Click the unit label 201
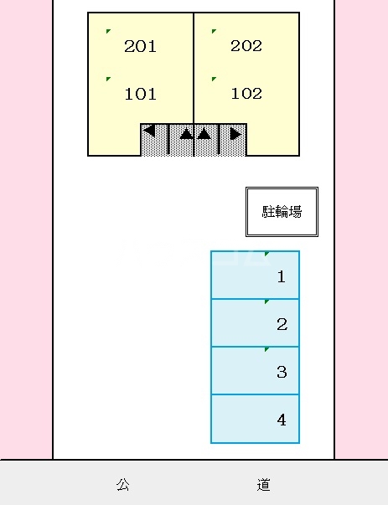pyautogui.click(x=140, y=46)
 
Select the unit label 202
pyautogui.click(x=246, y=45)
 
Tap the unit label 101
pyautogui.click(x=140, y=94)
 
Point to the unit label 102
pyautogui.click(x=246, y=93)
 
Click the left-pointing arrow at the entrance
pyautogui.click(x=149, y=131)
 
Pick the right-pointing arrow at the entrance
pyautogui.click(x=235, y=132)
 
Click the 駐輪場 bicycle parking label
pyautogui.click(x=282, y=211)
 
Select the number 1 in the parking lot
pyautogui.click(x=282, y=276)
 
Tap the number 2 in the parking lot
pyautogui.click(x=282, y=324)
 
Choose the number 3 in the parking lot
pyautogui.click(x=282, y=372)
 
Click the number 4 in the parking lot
pyautogui.click(x=282, y=420)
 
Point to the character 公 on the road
pyautogui.click(x=122, y=484)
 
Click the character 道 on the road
pyautogui.click(x=264, y=484)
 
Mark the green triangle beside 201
pyautogui.click(x=109, y=32)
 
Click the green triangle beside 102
pyautogui.click(x=215, y=80)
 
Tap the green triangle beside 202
pyautogui.click(x=215, y=32)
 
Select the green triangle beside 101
pyautogui.click(x=109, y=80)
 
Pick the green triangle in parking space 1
pyautogui.click(x=266, y=253)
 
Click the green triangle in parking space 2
pyautogui.click(x=266, y=301)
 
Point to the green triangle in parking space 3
pyautogui.click(x=266, y=348)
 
